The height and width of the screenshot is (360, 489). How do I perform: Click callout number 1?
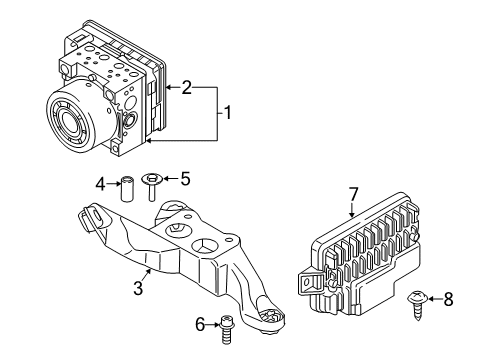click(x=227, y=114)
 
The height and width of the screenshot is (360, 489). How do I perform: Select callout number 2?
click(x=187, y=88)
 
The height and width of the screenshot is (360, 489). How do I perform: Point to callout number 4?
click(x=100, y=182)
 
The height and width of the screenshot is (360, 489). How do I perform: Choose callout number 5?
click(x=184, y=181)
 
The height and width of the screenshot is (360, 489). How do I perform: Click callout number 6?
click(x=199, y=325)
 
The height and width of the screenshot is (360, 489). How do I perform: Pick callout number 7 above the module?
click(x=353, y=193)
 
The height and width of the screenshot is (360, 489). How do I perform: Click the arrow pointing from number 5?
click(x=170, y=181)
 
